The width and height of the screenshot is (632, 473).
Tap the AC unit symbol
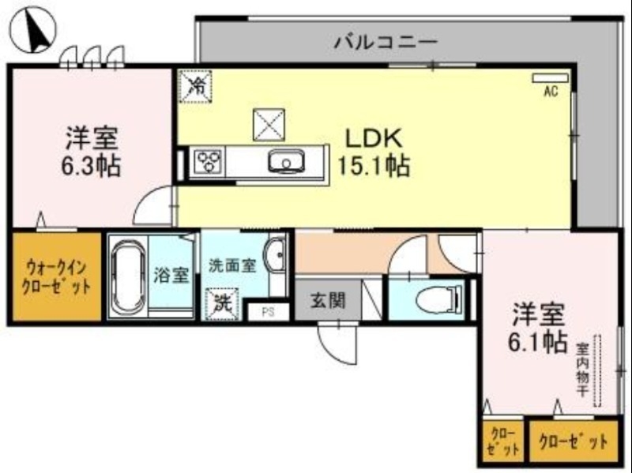[544, 79]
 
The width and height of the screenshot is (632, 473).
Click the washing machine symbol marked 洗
[220, 302]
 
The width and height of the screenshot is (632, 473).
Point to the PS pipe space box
[268, 311]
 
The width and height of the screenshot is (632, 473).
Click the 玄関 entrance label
[325, 301]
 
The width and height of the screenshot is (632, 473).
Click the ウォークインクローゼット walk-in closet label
[55, 276]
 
